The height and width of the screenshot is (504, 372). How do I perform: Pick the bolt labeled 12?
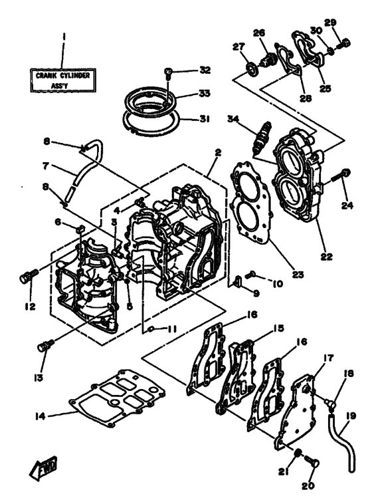27,276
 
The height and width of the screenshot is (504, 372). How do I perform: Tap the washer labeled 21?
299,454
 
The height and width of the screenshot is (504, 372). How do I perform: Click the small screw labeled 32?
168,70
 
